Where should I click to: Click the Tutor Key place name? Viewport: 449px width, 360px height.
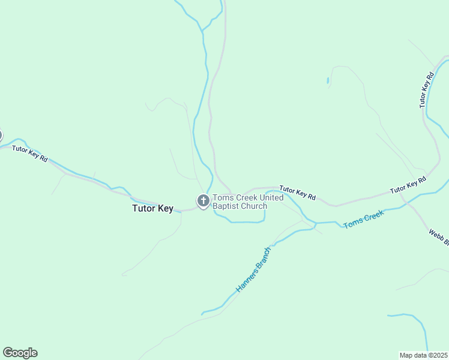[x=152, y=209]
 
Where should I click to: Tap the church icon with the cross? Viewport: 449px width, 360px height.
[x=203, y=201]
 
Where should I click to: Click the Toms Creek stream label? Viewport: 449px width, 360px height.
[x=363, y=219]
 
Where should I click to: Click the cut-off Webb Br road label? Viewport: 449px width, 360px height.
[x=439, y=237]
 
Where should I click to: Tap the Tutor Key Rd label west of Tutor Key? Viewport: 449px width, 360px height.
[x=29, y=152]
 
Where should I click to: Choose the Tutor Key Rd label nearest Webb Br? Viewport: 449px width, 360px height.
[x=408, y=185]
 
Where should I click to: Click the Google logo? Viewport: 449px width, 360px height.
[x=20, y=353]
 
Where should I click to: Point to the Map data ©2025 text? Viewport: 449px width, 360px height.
[x=423, y=355]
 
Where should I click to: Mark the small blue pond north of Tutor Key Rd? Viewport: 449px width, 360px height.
[x=328, y=80]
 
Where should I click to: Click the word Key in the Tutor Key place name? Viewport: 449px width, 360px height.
[x=165, y=209]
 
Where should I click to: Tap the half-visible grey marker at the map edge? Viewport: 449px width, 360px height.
[x=1, y=136]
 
